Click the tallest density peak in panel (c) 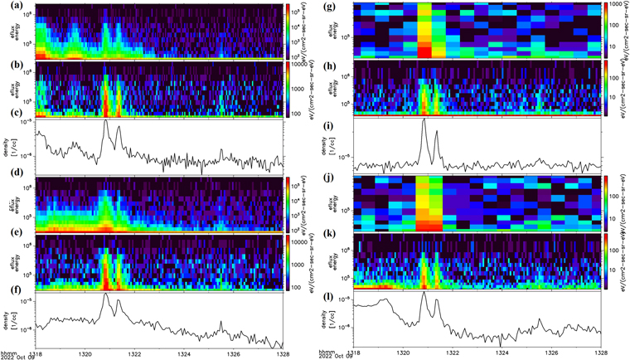tap(106, 121)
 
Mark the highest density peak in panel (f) tap(106, 294)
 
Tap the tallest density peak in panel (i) tap(424, 119)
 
